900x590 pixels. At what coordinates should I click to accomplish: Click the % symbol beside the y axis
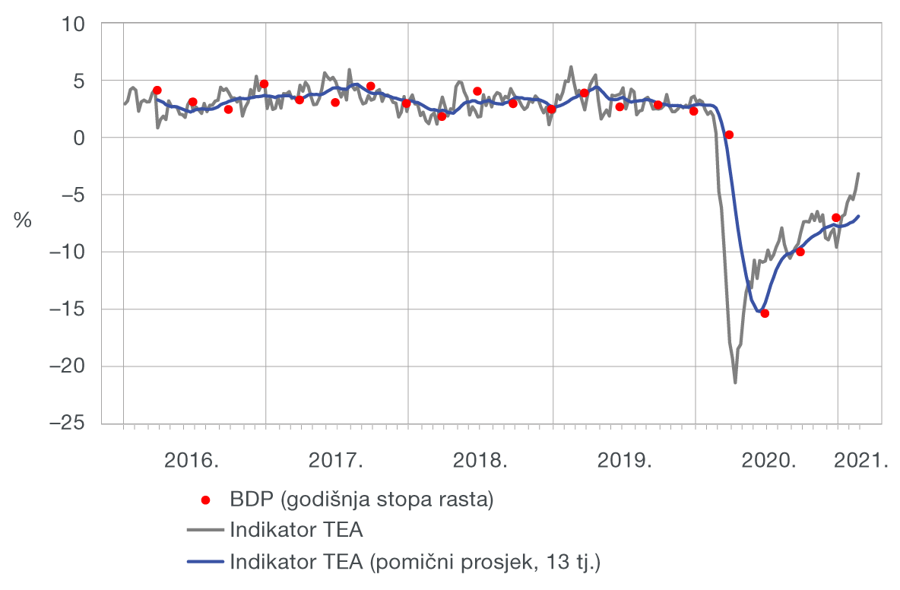coord(23,220)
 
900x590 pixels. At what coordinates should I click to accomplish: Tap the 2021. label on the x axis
coord(863,461)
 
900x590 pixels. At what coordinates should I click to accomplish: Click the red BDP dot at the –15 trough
coord(765,313)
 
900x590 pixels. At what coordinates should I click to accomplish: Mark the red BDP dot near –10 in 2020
coord(800,252)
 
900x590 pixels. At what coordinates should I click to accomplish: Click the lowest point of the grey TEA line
coord(735,382)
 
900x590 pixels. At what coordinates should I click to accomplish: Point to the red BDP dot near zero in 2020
coord(729,135)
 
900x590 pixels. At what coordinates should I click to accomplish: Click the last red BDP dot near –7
coord(836,217)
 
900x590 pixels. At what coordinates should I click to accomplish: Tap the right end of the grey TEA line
coord(859,173)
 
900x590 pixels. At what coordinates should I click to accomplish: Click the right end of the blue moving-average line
coord(859,216)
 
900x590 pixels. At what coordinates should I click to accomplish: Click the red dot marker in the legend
coord(205,500)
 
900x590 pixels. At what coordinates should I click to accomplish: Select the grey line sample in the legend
coord(205,531)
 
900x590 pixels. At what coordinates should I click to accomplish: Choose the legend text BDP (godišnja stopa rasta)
coord(362,500)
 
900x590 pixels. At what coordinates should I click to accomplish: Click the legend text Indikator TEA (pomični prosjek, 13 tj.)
coord(415,562)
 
